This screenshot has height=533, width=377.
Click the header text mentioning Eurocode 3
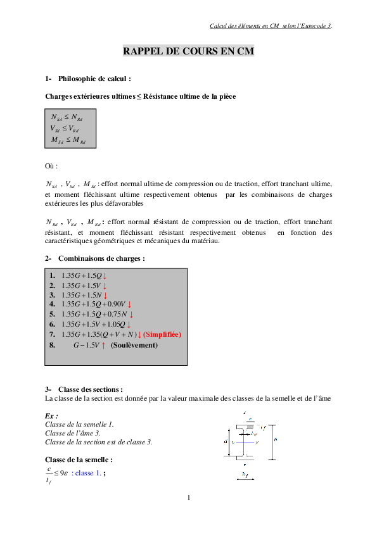(x=271, y=26)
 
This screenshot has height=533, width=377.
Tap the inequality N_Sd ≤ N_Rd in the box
(x=66, y=117)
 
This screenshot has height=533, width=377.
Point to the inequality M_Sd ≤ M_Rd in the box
(x=68, y=140)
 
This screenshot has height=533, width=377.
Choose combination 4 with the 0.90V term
(x=95, y=304)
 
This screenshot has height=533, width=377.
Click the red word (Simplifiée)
(x=162, y=334)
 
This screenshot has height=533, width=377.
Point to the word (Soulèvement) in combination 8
(x=134, y=346)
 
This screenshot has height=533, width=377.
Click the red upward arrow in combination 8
(x=103, y=346)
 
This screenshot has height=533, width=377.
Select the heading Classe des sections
(x=90, y=389)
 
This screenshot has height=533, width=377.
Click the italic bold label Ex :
(x=52, y=416)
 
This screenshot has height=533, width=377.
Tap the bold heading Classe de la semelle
(x=79, y=459)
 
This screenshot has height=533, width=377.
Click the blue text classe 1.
(x=86, y=473)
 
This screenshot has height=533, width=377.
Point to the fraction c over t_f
(x=49, y=475)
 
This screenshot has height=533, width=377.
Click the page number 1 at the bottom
(x=188, y=498)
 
